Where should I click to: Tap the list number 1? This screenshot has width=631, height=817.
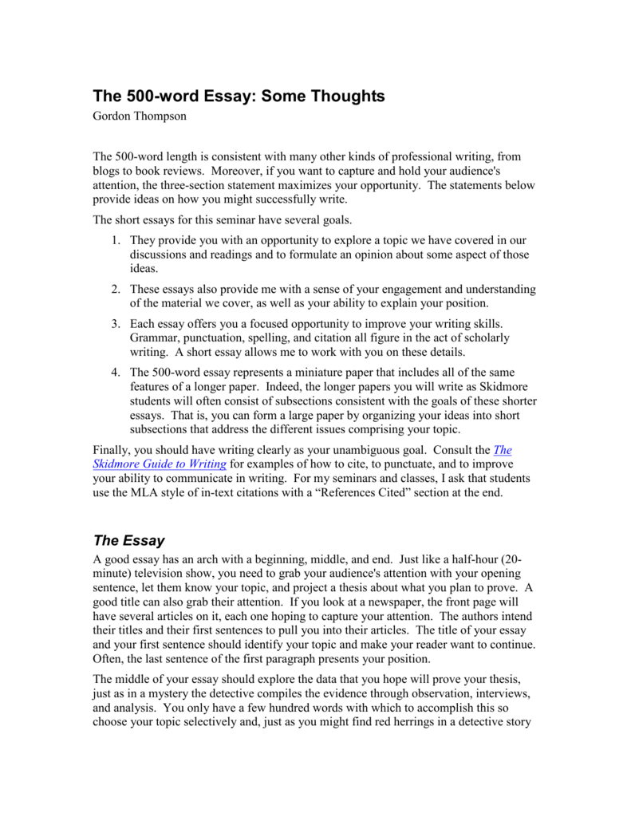pyautogui.click(x=116, y=240)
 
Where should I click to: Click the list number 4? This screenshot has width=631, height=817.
pyautogui.click(x=116, y=372)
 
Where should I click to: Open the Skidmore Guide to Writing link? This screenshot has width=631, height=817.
pyautogui.click(x=160, y=464)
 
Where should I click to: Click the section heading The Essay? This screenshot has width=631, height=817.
pyautogui.click(x=129, y=540)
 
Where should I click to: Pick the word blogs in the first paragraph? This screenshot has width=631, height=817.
pyautogui.click(x=109, y=171)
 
